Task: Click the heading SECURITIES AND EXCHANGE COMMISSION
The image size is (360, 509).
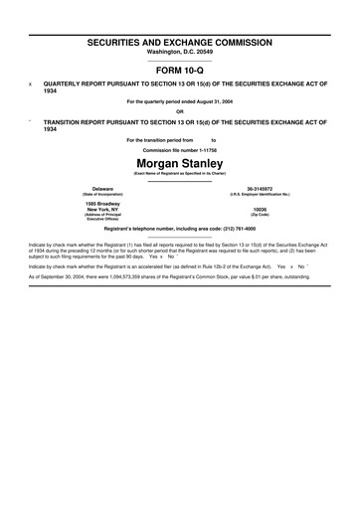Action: click(180, 45)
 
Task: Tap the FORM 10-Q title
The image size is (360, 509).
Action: click(180, 72)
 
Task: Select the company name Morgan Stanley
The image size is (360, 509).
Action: click(180, 161)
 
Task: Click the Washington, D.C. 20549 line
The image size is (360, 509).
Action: click(180, 55)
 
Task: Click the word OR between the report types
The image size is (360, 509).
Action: click(180, 111)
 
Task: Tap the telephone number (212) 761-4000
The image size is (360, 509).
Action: click(235, 229)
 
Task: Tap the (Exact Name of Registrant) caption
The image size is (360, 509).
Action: click(180, 173)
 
